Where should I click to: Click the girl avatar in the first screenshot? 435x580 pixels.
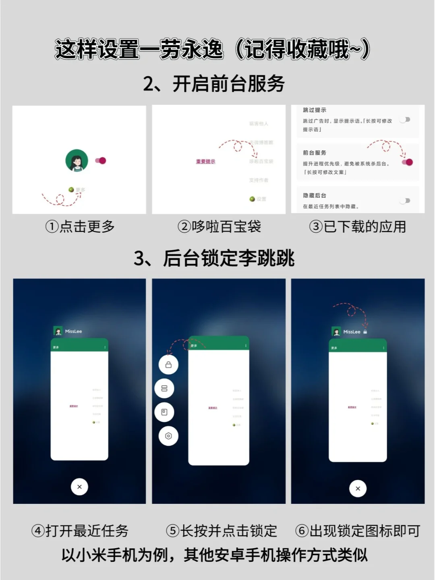(x=77, y=160)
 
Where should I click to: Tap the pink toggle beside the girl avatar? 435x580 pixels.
(x=101, y=161)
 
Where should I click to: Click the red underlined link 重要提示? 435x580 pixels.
(x=205, y=162)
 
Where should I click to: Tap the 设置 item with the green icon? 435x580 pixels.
(x=258, y=199)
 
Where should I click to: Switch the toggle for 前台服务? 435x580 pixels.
(x=407, y=162)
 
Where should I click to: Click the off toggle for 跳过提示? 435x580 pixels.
(x=405, y=120)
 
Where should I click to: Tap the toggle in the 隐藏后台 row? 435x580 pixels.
(x=405, y=201)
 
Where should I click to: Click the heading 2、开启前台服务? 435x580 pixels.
(x=214, y=84)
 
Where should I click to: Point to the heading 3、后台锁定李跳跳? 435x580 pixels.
(x=214, y=258)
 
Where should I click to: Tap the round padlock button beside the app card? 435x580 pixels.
(x=168, y=365)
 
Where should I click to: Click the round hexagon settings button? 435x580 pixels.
(x=168, y=436)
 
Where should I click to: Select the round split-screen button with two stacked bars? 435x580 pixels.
(x=164, y=388)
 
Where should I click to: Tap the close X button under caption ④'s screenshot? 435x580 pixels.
(x=79, y=487)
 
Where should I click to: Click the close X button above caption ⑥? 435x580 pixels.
(x=358, y=489)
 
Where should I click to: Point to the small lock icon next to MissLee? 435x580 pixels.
(x=365, y=332)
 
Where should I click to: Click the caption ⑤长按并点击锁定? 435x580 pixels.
(x=221, y=531)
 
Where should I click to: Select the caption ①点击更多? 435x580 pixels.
(x=80, y=227)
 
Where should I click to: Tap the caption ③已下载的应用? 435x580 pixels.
(x=357, y=227)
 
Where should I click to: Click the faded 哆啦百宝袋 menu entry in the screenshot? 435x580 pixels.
(x=261, y=161)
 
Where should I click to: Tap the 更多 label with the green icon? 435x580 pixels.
(x=77, y=190)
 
